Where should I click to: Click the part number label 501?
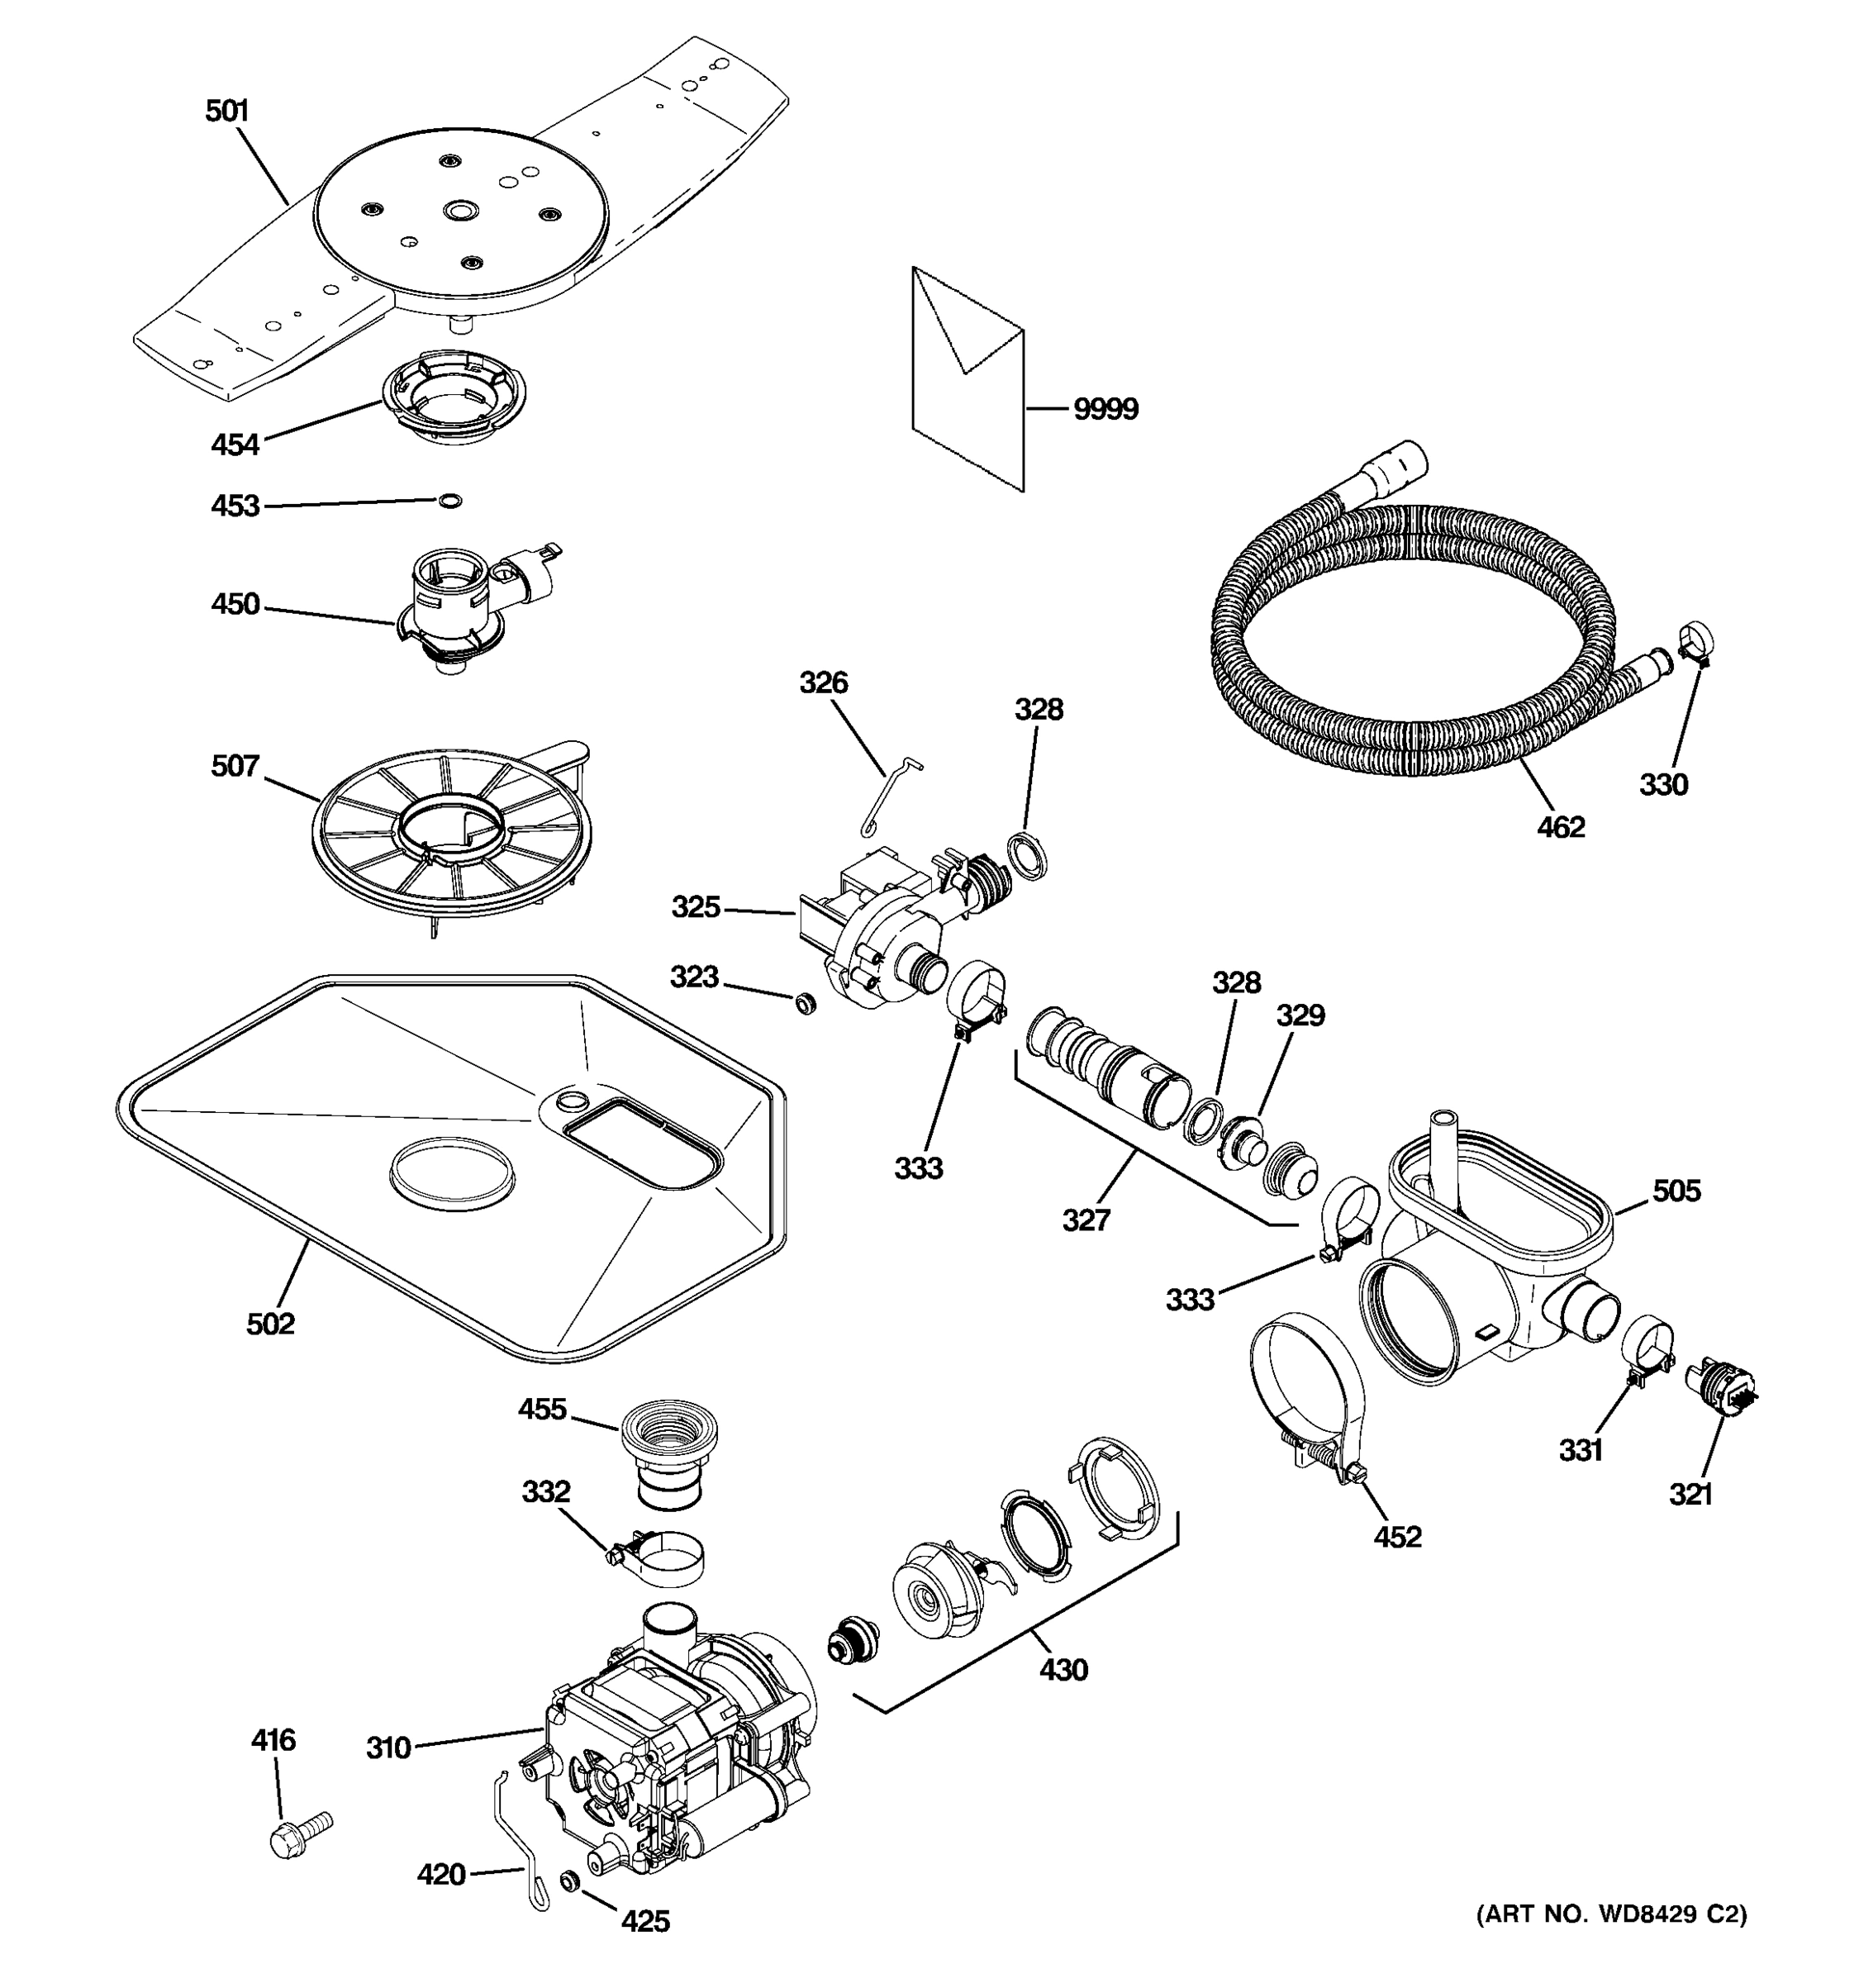[226, 111]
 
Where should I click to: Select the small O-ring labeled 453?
[449, 500]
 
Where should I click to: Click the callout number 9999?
[1105, 409]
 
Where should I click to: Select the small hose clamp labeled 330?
[1695, 642]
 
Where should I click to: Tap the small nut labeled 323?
[804, 1002]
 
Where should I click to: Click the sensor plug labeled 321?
[1718, 1387]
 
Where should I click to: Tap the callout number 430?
[1063, 1669]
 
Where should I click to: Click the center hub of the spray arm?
[461, 211]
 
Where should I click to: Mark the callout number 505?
[1676, 1190]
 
